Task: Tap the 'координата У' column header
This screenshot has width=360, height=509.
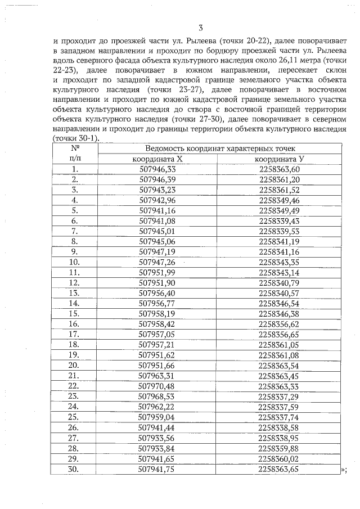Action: pyautogui.click(x=280, y=159)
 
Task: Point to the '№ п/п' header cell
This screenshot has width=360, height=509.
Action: pyautogui.click(x=74, y=153)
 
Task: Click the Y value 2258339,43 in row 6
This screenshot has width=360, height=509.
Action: pyautogui.click(x=280, y=220)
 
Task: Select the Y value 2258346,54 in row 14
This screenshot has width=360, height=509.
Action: pyautogui.click(x=280, y=303)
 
